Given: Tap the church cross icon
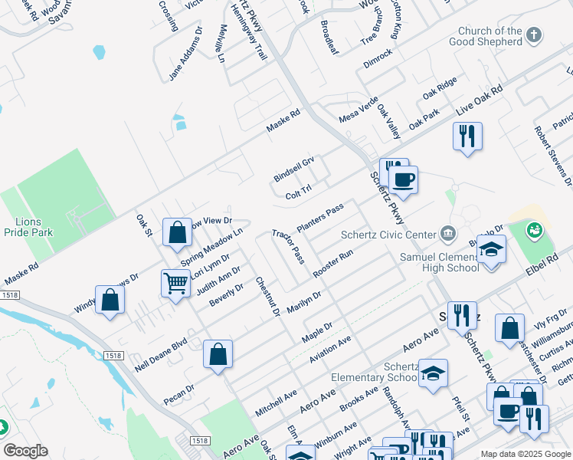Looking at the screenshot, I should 535,34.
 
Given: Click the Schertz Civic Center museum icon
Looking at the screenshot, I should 448,233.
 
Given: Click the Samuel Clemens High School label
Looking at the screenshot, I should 440,262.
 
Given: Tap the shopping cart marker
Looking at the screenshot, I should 176,284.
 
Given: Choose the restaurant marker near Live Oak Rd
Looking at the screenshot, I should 467,136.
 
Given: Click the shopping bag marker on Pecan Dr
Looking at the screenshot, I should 218,354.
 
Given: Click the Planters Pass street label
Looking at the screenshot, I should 319,219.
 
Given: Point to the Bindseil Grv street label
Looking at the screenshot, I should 294,169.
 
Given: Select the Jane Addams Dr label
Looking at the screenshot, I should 186,54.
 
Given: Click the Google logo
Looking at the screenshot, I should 25,450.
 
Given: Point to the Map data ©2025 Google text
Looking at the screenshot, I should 525,454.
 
